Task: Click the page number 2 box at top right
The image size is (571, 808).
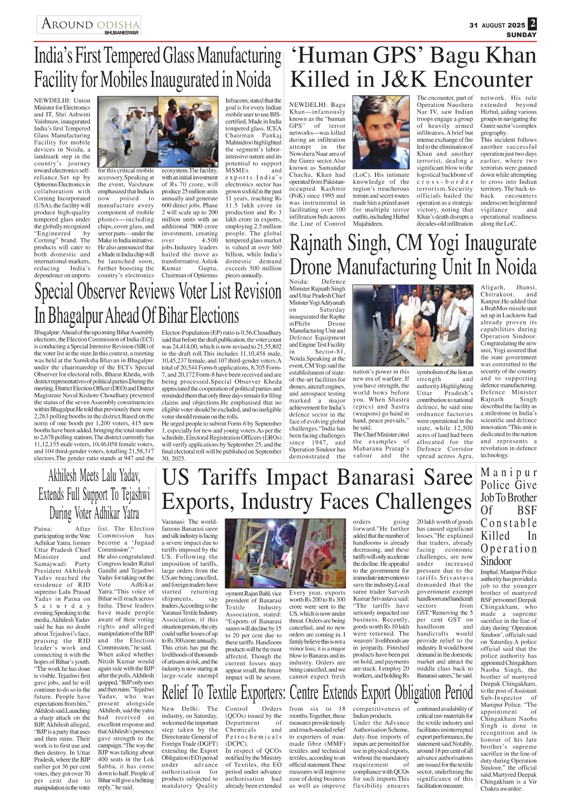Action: click(532, 23)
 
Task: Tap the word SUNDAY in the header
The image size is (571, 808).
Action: click(521, 35)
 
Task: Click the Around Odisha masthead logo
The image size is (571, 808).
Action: click(90, 24)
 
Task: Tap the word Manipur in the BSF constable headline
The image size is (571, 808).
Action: click(508, 473)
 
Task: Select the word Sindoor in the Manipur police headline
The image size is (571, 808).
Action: click(496, 561)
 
